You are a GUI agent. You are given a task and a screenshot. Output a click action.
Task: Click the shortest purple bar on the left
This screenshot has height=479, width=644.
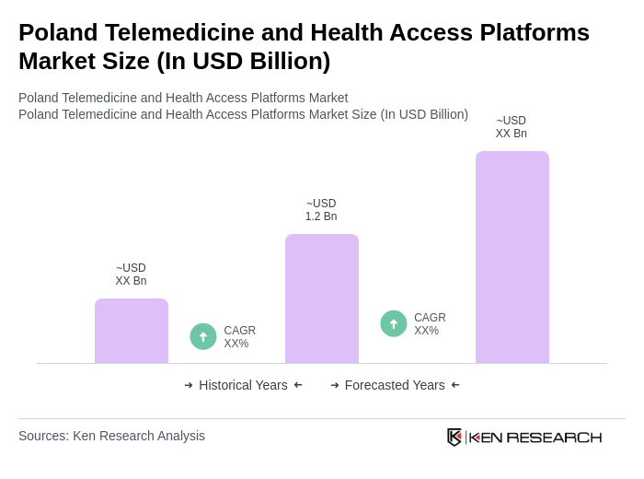pyautogui.click(x=132, y=331)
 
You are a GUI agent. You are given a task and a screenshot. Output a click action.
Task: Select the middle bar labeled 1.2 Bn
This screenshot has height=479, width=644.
pyautogui.click(x=322, y=298)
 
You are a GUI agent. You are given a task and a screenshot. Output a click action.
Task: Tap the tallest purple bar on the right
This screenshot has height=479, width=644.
pyautogui.click(x=512, y=257)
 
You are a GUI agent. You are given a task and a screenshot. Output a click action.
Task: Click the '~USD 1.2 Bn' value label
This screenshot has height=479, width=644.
pyautogui.click(x=321, y=210)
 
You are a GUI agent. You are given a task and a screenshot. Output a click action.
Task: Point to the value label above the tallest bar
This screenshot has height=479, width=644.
pyautogui.click(x=512, y=127)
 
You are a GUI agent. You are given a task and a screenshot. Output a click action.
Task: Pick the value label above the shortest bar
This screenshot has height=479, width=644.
pyautogui.click(x=131, y=275)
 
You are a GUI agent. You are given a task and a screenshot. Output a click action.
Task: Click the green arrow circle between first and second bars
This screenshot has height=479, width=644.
pyautogui.click(x=203, y=336)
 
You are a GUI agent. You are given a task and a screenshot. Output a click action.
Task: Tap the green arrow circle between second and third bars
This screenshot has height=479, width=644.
pyautogui.click(x=394, y=323)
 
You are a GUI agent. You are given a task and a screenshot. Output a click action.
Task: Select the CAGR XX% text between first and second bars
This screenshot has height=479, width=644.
pyautogui.click(x=239, y=337)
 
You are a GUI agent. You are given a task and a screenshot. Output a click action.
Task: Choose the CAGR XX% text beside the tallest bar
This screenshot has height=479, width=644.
pyautogui.click(x=430, y=324)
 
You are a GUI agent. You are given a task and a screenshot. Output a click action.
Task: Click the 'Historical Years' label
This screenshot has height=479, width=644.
pyautogui.click(x=243, y=385)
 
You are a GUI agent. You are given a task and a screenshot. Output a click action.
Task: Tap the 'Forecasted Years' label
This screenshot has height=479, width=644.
pyautogui.click(x=395, y=385)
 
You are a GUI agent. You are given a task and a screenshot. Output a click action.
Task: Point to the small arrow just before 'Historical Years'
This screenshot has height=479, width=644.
pyautogui.click(x=189, y=385)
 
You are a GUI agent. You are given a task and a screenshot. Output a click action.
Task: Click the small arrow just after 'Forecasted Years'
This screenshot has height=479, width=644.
pyautogui.click(x=455, y=385)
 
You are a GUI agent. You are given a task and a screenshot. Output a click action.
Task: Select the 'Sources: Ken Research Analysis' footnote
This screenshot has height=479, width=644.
pyautogui.click(x=111, y=436)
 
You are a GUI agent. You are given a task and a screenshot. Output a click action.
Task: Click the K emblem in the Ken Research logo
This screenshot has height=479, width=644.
pyautogui.click(x=454, y=437)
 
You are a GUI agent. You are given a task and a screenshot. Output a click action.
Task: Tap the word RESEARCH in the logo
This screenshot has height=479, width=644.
pyautogui.click(x=554, y=437)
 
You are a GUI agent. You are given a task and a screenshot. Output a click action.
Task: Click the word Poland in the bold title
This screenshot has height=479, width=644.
pyautogui.click(x=59, y=32)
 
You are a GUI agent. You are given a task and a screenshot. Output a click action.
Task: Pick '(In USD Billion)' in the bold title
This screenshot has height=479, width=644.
pyautogui.click(x=243, y=61)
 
